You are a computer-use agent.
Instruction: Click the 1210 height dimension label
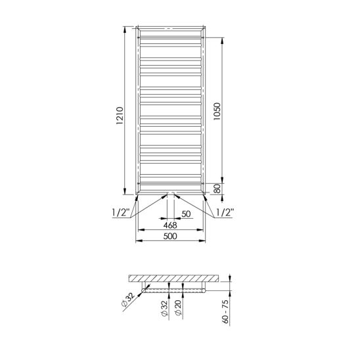tap(120, 116)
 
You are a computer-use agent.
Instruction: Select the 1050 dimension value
tap(217, 111)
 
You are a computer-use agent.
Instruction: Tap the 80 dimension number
tap(217, 189)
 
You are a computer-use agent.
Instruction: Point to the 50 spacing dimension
tap(186, 214)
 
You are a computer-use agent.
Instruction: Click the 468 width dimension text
tap(170, 225)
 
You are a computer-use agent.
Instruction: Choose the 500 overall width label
tap(170, 236)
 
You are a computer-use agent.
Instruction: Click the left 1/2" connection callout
tap(121, 212)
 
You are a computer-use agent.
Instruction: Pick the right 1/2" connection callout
tap(225, 212)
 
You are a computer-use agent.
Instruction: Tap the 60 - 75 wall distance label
tap(226, 312)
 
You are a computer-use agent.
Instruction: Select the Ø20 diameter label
tap(178, 307)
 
